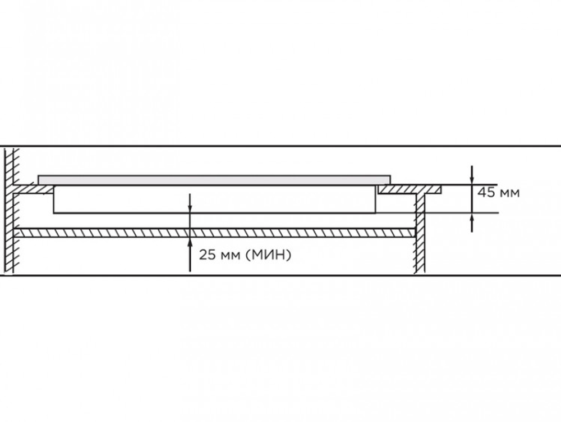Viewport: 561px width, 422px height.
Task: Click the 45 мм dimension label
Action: click(x=498, y=193)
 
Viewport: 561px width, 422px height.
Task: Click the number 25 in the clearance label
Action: click(x=207, y=255)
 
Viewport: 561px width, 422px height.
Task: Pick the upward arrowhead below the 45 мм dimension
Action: click(x=472, y=218)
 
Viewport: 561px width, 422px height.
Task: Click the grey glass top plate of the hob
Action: click(x=214, y=180)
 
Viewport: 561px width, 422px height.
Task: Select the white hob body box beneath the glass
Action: click(x=215, y=199)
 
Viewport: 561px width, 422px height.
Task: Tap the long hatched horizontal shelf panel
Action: click(x=214, y=233)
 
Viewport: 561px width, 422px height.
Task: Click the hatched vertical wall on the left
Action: click(x=9, y=211)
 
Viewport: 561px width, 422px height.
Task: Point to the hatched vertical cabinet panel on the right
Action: click(x=420, y=233)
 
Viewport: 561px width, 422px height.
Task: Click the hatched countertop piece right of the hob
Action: click(x=410, y=189)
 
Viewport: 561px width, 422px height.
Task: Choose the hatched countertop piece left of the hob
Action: click(x=33, y=189)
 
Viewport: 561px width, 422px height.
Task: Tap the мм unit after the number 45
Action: click(x=509, y=194)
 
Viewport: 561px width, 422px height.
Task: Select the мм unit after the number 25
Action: click(x=229, y=256)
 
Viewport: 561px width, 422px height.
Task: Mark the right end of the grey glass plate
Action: click(x=390, y=180)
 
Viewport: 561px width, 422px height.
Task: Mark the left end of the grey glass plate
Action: click(x=38, y=180)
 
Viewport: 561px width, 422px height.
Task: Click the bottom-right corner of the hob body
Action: click(x=376, y=213)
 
